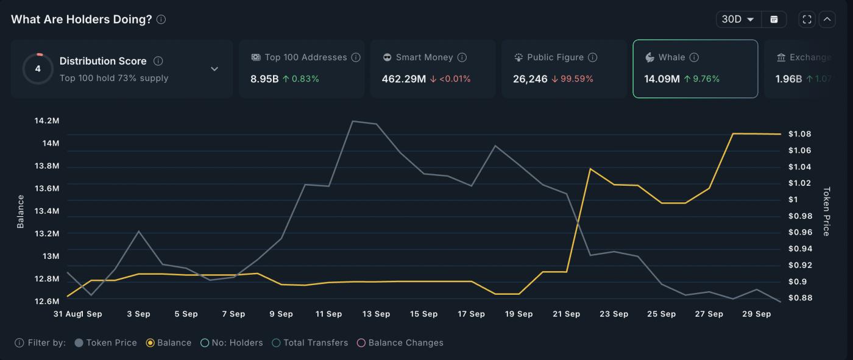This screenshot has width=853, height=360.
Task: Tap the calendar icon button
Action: tap(774, 19)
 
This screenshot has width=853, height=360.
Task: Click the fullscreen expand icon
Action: tap(807, 19)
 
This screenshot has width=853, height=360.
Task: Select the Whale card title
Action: tap(671, 57)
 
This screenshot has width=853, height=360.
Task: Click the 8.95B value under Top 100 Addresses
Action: tap(264, 79)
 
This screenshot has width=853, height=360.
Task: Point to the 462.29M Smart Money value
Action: tap(403, 79)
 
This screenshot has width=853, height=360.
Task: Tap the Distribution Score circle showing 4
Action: tap(38, 69)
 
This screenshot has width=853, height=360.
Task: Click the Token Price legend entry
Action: tap(105, 343)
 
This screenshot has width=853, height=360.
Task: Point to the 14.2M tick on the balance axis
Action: tap(47, 121)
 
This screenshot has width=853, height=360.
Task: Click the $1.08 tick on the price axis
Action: tap(799, 134)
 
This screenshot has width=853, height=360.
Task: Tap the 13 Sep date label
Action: tap(376, 314)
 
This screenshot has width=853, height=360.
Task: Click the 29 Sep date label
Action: tap(756, 314)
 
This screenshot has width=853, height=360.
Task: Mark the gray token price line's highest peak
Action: tap(353, 121)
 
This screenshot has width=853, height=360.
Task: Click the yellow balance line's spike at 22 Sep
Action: tap(590, 169)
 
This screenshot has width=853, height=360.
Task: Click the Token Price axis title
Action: tap(827, 211)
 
